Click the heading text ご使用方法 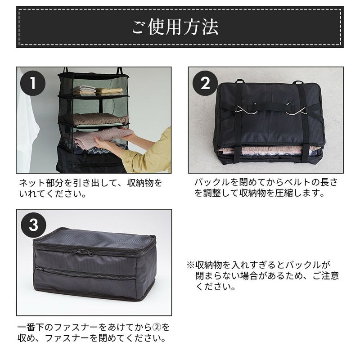coord(175,27)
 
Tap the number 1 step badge coord(33,84)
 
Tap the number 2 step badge coord(205,84)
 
